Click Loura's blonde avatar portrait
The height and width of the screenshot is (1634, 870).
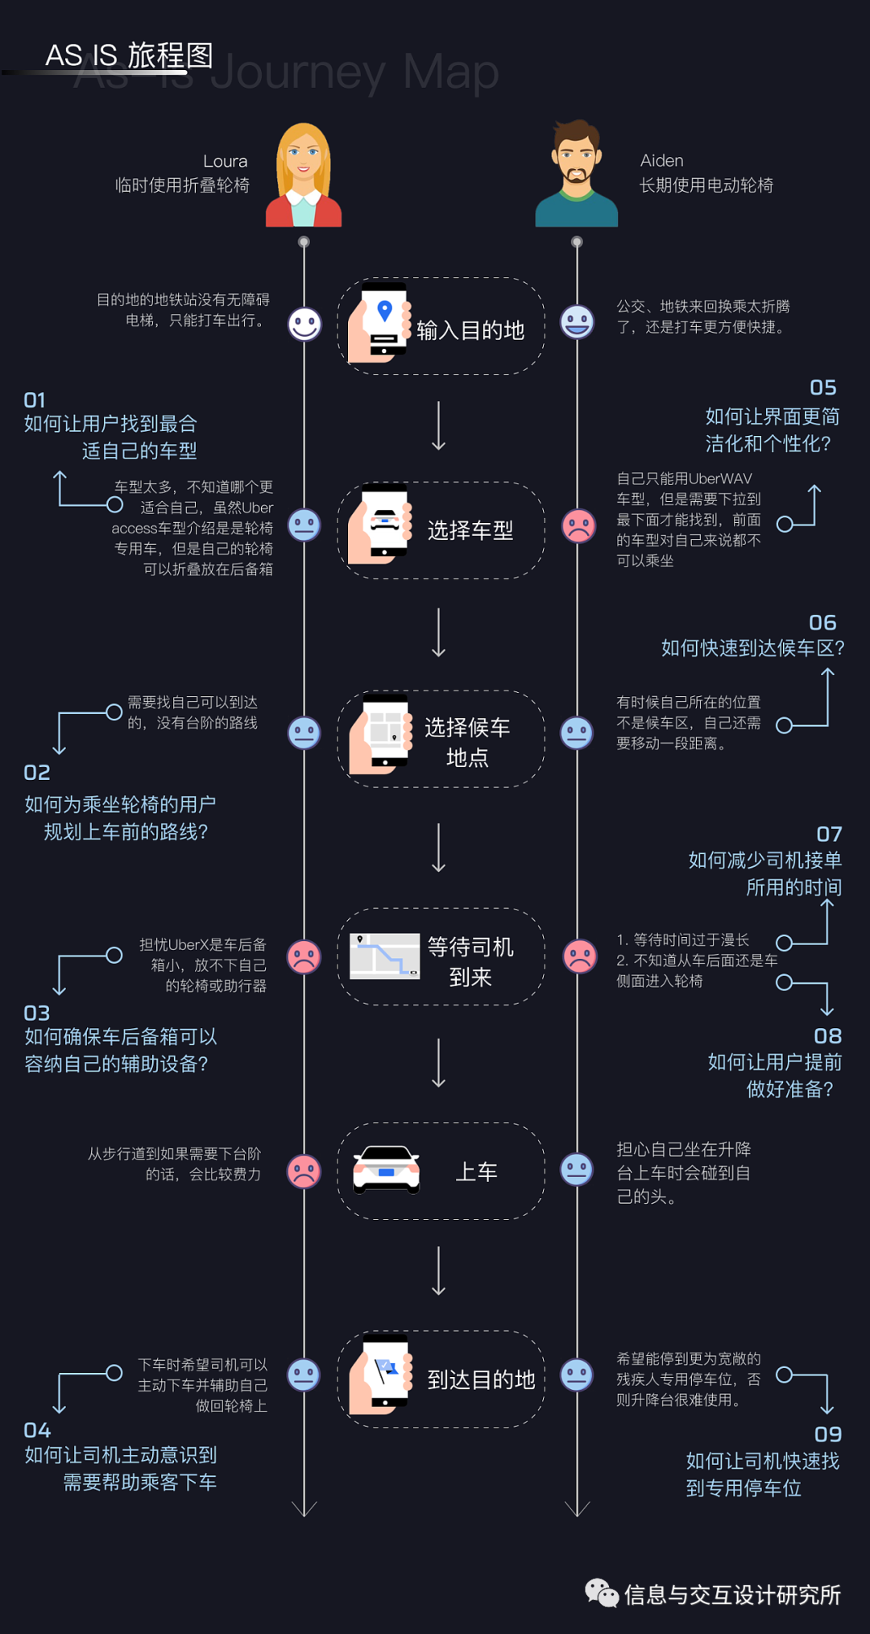(x=304, y=175)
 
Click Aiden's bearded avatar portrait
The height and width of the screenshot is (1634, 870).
(x=577, y=174)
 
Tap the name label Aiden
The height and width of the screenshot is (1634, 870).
(x=661, y=160)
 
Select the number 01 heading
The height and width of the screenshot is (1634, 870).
(x=35, y=400)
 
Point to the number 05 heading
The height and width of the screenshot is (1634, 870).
(x=822, y=388)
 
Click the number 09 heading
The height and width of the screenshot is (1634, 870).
(x=827, y=1434)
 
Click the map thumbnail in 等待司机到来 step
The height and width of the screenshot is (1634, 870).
(x=385, y=956)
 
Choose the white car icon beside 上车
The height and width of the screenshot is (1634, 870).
(x=387, y=1170)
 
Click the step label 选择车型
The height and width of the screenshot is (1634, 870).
(x=470, y=530)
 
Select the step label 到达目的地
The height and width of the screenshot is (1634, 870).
(x=481, y=1379)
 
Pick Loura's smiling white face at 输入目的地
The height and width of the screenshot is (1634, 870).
(x=304, y=325)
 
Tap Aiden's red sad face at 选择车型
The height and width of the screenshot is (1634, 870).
(x=578, y=526)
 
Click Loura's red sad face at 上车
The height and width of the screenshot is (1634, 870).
(x=304, y=1171)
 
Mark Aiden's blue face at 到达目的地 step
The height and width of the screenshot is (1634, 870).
(x=577, y=1375)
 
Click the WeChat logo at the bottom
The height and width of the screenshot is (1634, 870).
(x=601, y=1593)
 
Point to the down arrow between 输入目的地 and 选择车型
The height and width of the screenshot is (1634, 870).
(x=439, y=426)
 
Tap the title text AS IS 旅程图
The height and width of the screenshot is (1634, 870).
(x=129, y=56)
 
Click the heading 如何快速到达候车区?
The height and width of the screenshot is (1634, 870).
(x=752, y=648)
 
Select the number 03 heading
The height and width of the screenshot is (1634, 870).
(x=37, y=1013)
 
